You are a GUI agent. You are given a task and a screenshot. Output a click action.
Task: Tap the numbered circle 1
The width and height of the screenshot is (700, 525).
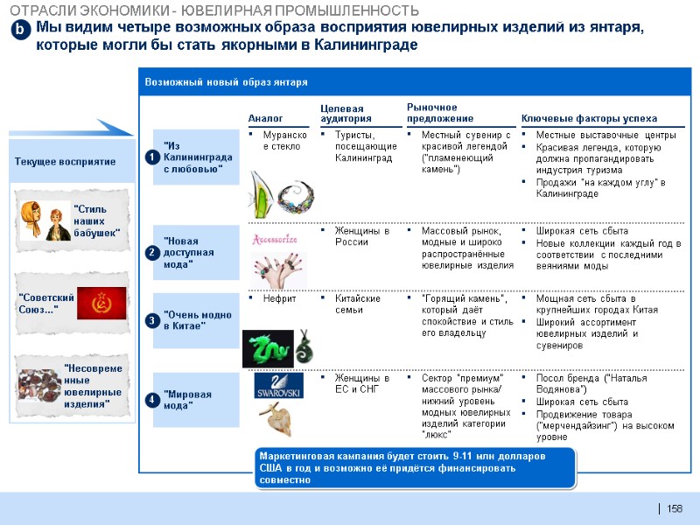point(150,157)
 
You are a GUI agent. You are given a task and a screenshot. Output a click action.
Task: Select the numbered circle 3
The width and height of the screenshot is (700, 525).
point(150,321)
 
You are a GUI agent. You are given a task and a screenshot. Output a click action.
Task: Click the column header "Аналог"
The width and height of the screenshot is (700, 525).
point(265,118)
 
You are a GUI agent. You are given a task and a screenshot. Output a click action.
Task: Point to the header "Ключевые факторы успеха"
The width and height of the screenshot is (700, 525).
point(589,118)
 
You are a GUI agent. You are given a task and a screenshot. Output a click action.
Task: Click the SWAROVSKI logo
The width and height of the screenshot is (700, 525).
point(278,386)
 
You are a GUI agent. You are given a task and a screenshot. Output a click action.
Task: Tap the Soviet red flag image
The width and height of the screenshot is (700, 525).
point(101,303)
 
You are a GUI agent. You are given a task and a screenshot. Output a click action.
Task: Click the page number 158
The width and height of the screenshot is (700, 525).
point(674,509)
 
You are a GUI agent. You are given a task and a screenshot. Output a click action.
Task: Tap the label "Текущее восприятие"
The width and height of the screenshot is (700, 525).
point(66,162)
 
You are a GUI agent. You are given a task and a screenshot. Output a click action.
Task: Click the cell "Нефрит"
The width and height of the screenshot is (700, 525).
point(280,298)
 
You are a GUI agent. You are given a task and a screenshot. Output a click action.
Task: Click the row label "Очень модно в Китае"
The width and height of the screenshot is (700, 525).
point(194,318)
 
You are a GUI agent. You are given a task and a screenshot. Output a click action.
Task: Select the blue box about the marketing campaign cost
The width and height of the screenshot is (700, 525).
point(414,468)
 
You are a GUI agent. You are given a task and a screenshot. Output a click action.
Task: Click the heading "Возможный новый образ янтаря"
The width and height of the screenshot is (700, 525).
point(226,81)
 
